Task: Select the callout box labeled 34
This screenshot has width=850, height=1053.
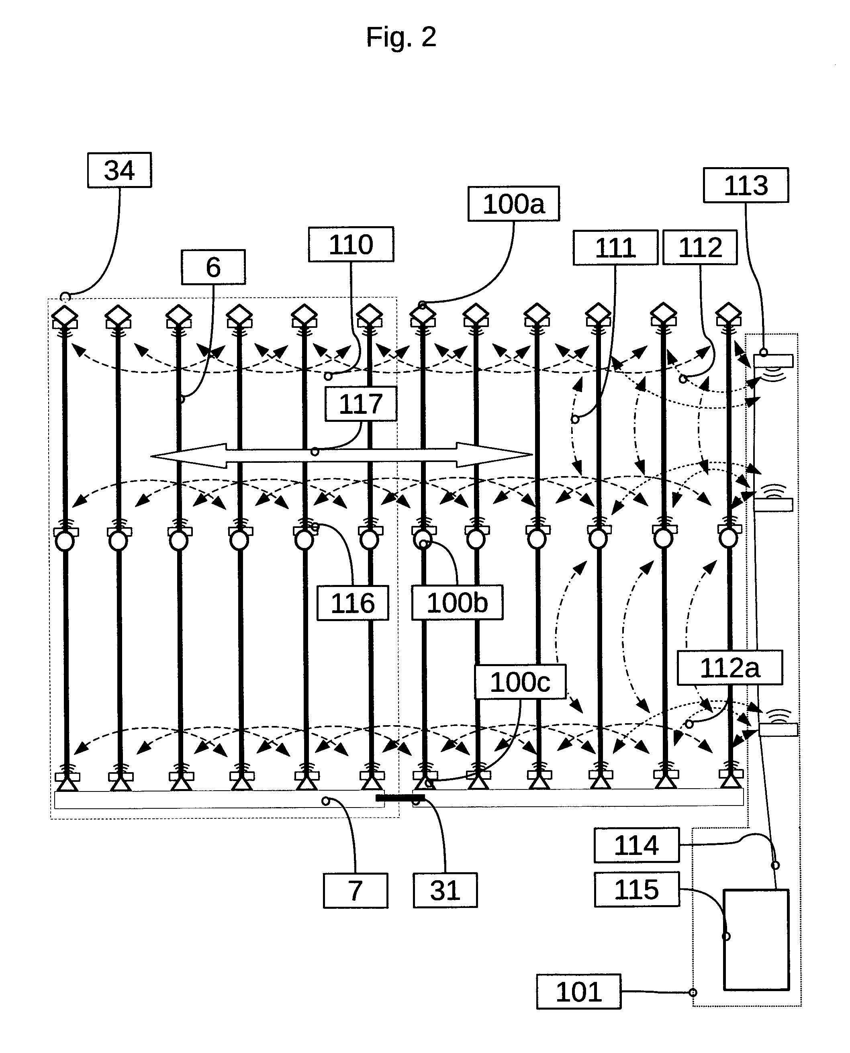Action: point(119,170)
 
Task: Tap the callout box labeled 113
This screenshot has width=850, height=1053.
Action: point(746,185)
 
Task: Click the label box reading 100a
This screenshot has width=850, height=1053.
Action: point(514,204)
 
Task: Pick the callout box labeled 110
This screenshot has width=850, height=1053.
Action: point(351,244)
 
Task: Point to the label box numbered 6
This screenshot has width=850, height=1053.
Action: point(213,267)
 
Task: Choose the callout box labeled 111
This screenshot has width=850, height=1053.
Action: point(615,247)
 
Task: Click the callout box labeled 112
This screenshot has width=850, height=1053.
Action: point(700,247)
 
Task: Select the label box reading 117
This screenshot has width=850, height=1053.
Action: point(361,404)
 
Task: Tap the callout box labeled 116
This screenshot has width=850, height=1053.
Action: point(353,603)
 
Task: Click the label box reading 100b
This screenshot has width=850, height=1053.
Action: point(457,602)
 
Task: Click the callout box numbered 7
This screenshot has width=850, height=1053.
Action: point(356,890)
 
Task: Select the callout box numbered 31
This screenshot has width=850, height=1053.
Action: point(445,890)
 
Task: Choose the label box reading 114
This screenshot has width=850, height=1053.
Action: point(637,845)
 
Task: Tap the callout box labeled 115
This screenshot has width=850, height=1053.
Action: point(637,889)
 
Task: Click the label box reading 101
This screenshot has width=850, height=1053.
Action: point(579,992)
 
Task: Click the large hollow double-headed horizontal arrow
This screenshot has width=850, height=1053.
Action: point(341,456)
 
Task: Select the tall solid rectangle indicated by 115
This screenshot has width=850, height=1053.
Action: point(756,940)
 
